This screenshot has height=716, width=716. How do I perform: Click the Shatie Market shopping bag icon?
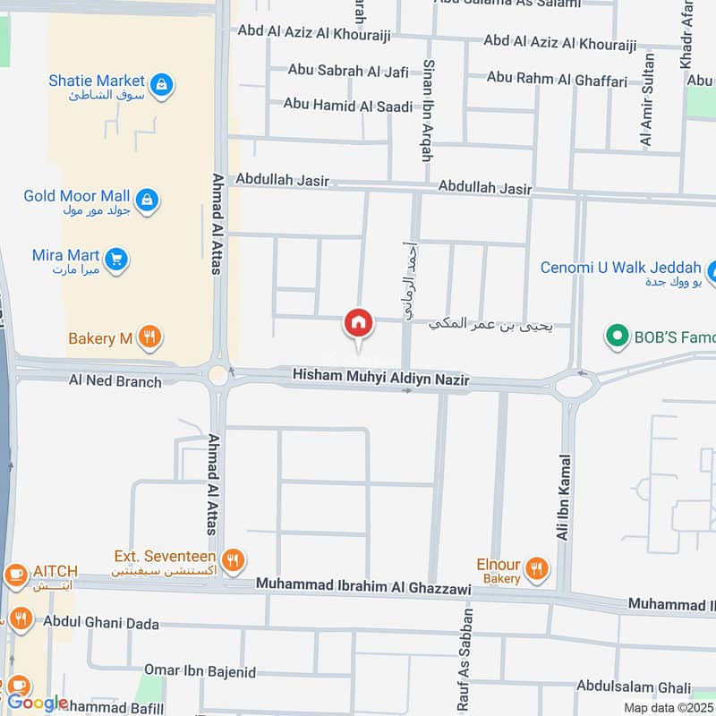(x=162, y=85)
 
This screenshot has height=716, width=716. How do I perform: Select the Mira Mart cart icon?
(x=115, y=260)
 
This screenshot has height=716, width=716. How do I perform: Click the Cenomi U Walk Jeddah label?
(x=620, y=268)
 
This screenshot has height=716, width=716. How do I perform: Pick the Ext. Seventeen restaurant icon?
(x=234, y=560)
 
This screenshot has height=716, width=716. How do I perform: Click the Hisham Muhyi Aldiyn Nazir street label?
(x=381, y=378)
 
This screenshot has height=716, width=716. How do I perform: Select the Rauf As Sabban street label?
(x=464, y=660)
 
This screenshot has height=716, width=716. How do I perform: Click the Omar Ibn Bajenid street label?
(x=200, y=671)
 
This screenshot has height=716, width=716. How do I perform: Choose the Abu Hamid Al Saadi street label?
(x=348, y=106)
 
